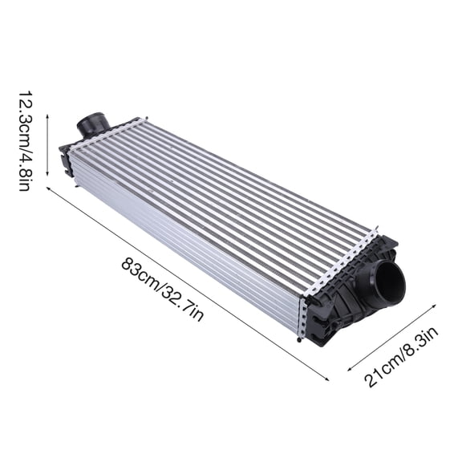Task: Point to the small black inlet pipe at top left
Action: click(92, 126)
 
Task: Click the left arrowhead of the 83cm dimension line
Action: click(49, 189)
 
